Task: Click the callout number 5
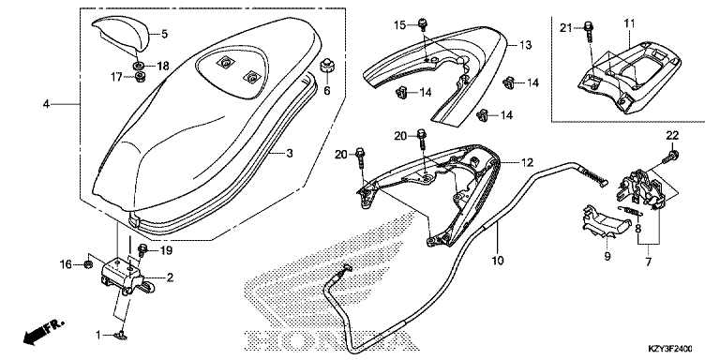164,34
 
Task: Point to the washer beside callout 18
138,66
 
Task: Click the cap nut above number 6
327,66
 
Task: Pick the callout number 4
46,104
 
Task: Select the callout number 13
525,45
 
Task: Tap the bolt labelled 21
589,32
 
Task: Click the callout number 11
629,22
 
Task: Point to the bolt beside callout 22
670,157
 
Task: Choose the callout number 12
527,162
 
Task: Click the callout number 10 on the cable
498,261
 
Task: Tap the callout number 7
649,262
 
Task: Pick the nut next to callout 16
89,263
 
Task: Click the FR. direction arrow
42,332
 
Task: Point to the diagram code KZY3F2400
671,348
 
